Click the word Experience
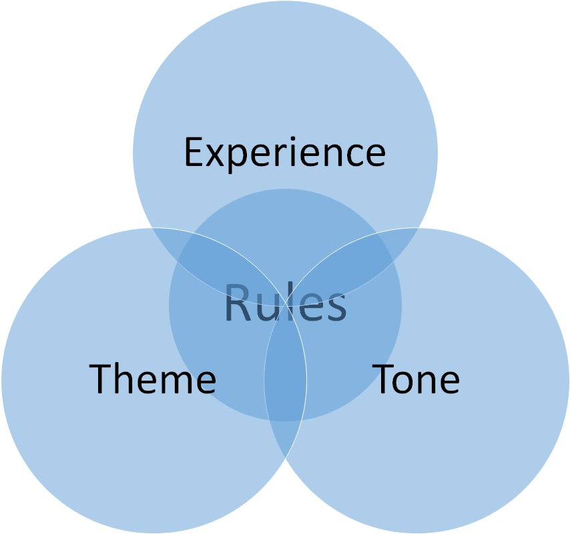pyautogui.click(x=284, y=152)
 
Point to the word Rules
pyautogui.click(x=285, y=303)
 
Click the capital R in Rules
pyautogui.click(x=237, y=303)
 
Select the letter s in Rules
pyautogui.click(x=334, y=308)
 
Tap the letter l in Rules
pyautogui.click(x=289, y=302)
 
